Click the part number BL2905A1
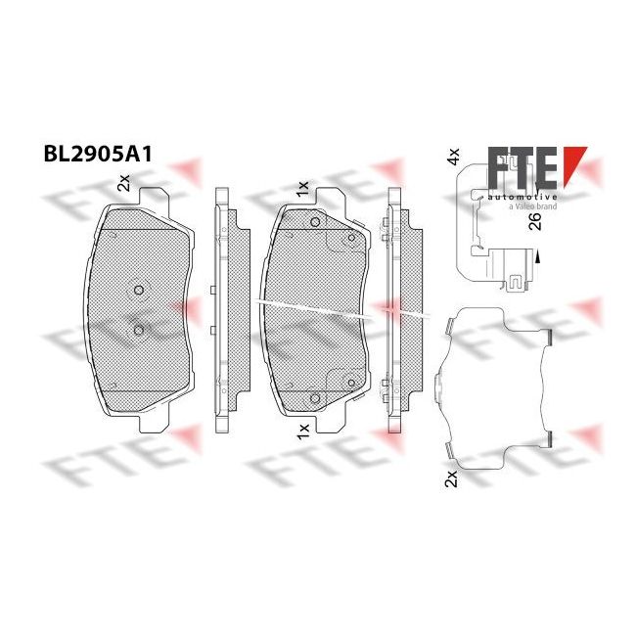pyautogui.click(x=98, y=155)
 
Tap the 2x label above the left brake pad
pyautogui.click(x=123, y=183)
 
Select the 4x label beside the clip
pyautogui.click(x=453, y=157)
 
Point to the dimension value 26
pyautogui.click(x=536, y=221)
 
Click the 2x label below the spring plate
pyautogui.click(x=451, y=478)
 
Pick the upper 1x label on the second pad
pyautogui.click(x=302, y=190)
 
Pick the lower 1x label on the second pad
pyautogui.click(x=303, y=432)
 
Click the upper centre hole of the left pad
pyautogui.click(x=139, y=290)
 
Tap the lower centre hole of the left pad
pyautogui.click(x=139, y=330)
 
